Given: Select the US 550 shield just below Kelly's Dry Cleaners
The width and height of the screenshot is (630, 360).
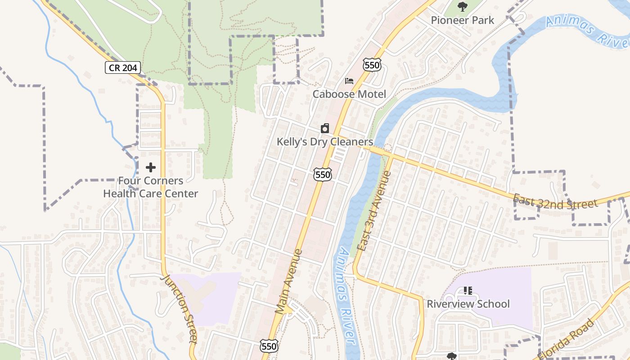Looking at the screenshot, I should point(323,174).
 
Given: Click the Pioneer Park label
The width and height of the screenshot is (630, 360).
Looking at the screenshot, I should point(462,20).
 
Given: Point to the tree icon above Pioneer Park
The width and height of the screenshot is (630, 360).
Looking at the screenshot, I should point(462,7).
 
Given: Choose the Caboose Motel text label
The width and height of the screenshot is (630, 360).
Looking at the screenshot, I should point(349,94).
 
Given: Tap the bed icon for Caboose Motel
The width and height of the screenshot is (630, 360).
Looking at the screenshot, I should point(349,81).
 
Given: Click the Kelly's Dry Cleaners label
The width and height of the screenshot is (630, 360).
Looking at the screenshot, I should point(324,142).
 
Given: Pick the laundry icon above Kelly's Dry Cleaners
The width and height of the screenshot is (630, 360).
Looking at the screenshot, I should point(325,129).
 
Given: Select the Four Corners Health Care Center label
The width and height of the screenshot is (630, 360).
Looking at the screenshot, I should point(151,187).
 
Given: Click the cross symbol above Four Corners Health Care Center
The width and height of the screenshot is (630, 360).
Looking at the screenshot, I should point(151,167).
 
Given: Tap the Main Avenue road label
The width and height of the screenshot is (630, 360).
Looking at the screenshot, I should point(288,281).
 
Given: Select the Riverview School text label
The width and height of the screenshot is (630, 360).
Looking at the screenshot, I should point(468,304).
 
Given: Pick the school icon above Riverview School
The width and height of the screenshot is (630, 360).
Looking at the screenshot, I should point(468,291).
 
